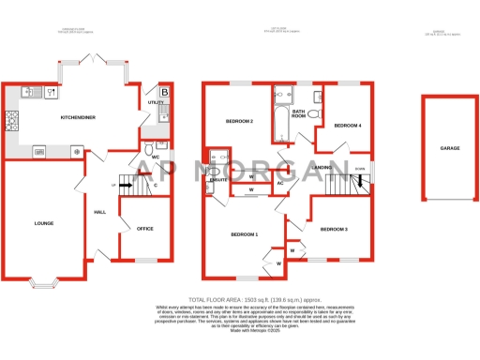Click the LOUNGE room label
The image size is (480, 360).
pyautogui.click(x=43, y=223)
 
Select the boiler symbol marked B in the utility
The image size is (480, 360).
pyautogui.click(x=164, y=92)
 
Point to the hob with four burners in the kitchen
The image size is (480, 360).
pyautogui.click(x=13, y=120)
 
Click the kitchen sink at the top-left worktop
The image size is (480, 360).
pyautogui.click(x=28, y=92)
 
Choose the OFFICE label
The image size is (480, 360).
pyautogui.click(x=144, y=228)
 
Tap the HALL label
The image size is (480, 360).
pyautogui.click(x=99, y=213)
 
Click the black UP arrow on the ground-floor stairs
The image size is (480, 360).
pyautogui.click(x=125, y=186)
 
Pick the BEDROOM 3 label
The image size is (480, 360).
pyautogui.click(x=334, y=229)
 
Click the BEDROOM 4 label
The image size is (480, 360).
pyautogui.click(x=348, y=125)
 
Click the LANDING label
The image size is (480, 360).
pyautogui.click(x=323, y=167)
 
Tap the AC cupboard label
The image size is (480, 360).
pyautogui.click(x=280, y=183)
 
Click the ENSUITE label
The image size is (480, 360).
pyautogui.click(x=218, y=179)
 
